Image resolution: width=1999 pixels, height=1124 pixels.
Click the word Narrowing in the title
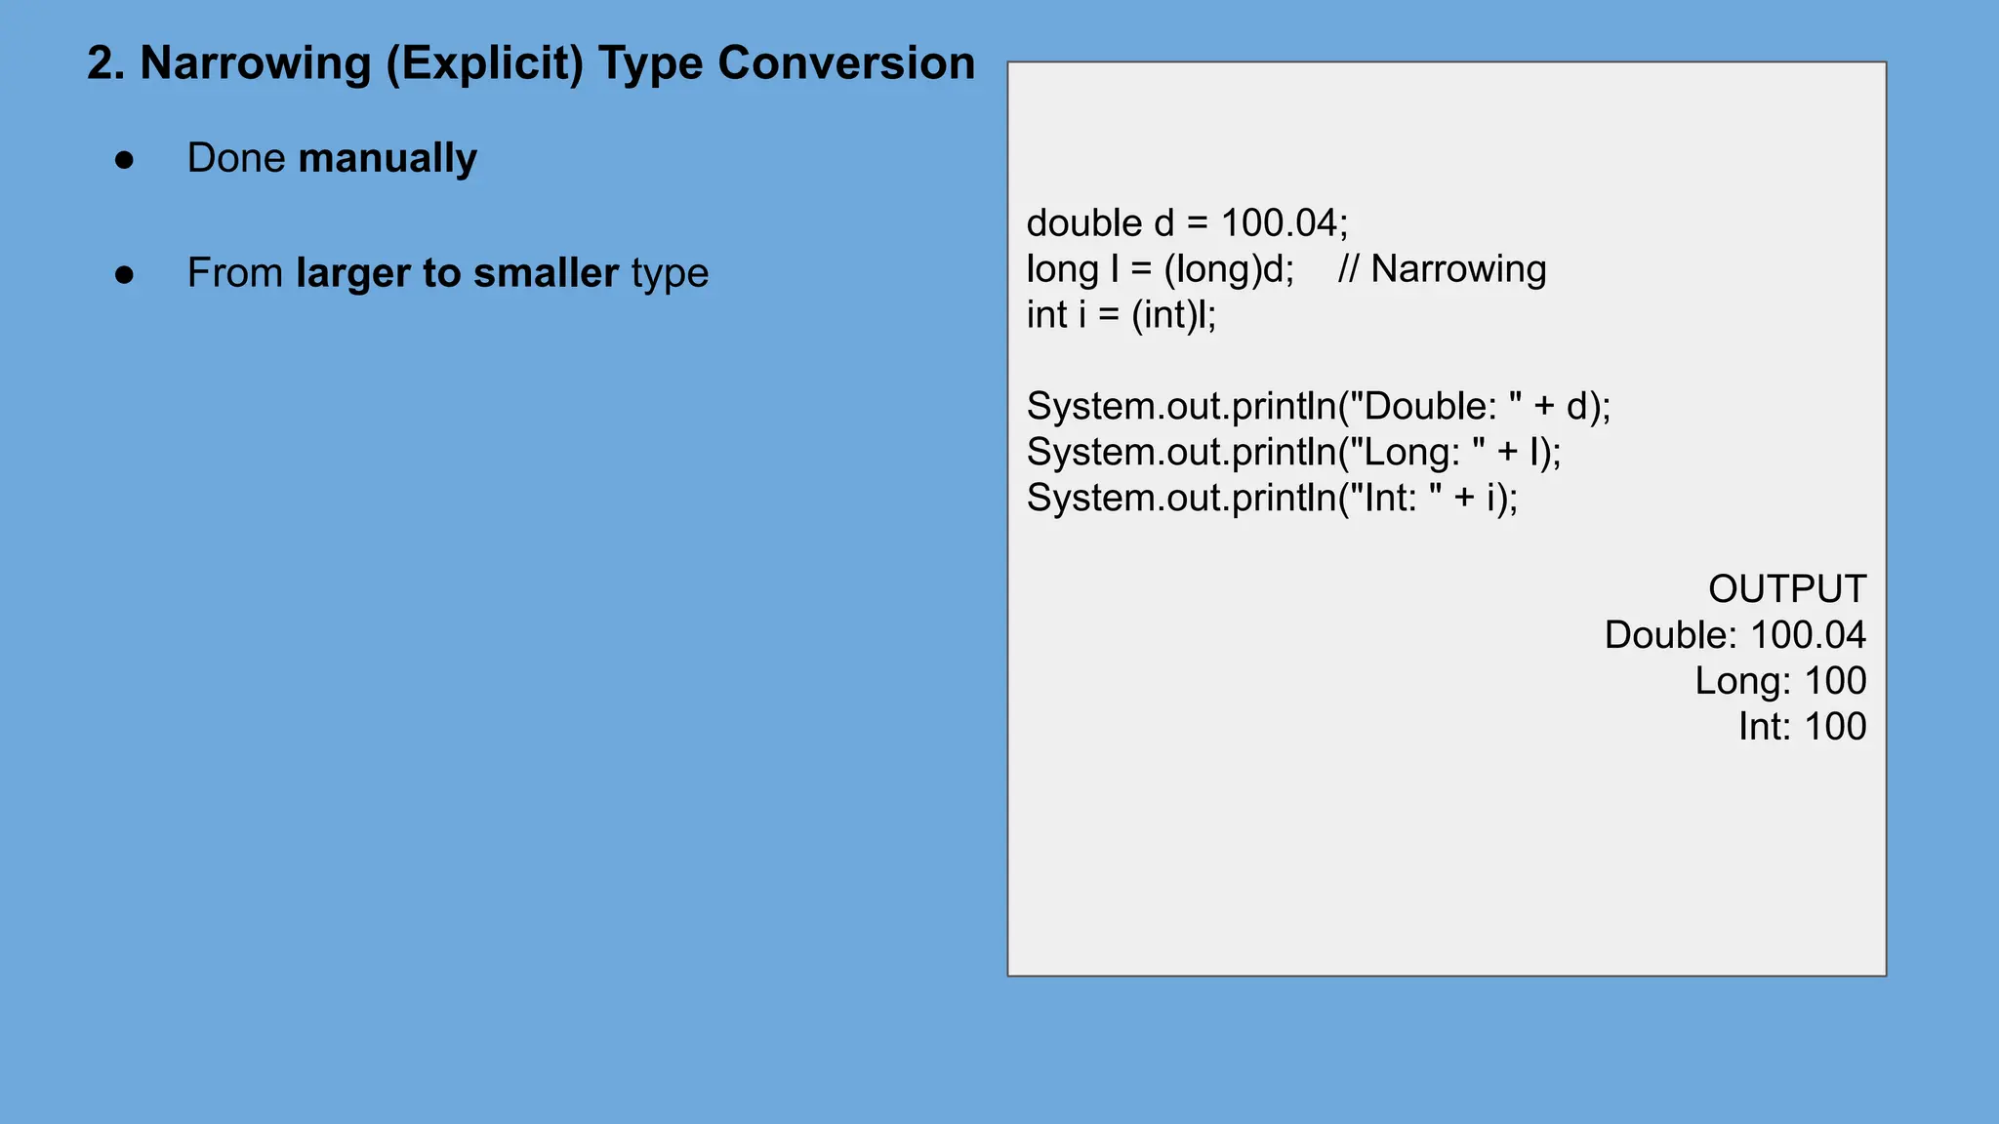(x=256, y=64)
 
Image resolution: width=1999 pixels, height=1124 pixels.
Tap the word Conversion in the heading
(x=846, y=64)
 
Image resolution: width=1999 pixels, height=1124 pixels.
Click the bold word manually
(x=388, y=159)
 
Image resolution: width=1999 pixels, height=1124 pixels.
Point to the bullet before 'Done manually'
(x=124, y=160)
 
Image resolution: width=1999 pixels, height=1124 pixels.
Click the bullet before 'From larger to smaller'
(x=124, y=275)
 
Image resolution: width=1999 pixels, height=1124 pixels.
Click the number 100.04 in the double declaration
(x=1279, y=223)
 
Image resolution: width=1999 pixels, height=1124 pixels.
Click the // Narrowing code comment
(x=1442, y=269)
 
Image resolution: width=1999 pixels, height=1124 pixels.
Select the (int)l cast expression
(x=1172, y=315)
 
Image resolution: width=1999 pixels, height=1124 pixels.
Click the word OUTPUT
(x=1786, y=589)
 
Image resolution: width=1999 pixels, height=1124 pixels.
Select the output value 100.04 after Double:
(x=1808, y=635)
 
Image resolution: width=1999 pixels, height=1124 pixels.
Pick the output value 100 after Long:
(x=1834, y=681)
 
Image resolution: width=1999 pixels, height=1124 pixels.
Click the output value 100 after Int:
(x=1834, y=727)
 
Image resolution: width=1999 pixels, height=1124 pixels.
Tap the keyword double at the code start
(x=1083, y=223)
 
